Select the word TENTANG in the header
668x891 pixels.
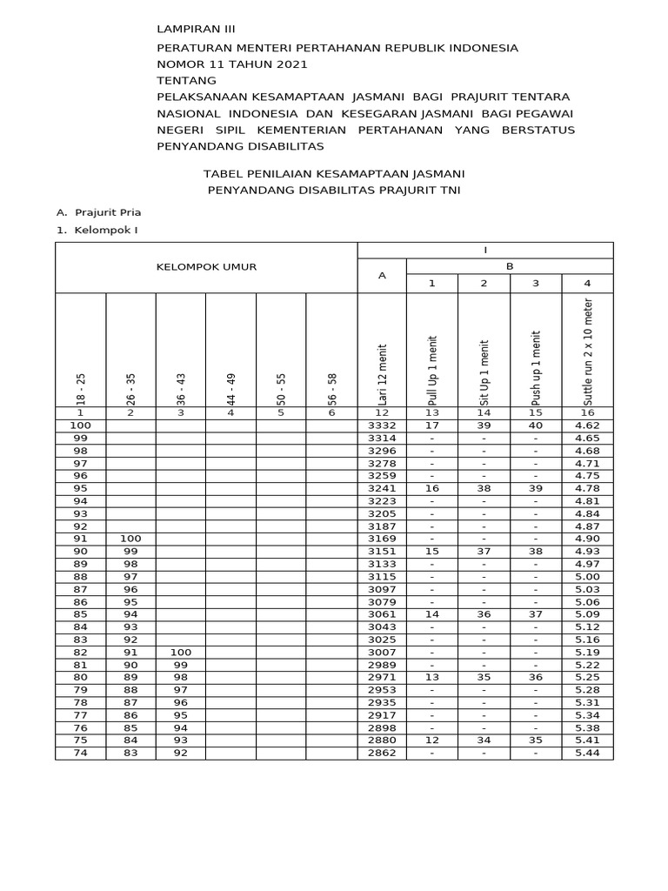click(186, 80)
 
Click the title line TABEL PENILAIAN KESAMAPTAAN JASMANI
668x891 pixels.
click(333, 173)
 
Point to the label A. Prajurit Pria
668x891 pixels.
click(98, 211)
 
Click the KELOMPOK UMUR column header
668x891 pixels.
click(206, 267)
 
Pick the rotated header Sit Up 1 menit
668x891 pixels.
click(484, 372)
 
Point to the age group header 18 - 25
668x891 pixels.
click(81, 390)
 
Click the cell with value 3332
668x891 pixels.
click(382, 425)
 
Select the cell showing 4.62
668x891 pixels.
click(587, 425)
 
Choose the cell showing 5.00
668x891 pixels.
click(587, 576)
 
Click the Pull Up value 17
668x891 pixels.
click(432, 425)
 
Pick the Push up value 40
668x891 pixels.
click(536, 425)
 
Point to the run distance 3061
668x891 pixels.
click(382, 613)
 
